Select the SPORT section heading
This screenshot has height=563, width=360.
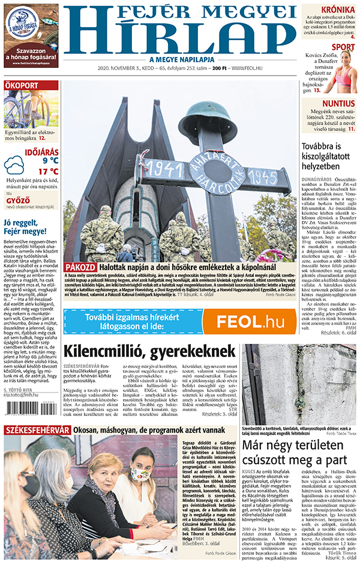coord(343,47)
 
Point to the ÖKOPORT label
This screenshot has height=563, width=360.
coord(22,85)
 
